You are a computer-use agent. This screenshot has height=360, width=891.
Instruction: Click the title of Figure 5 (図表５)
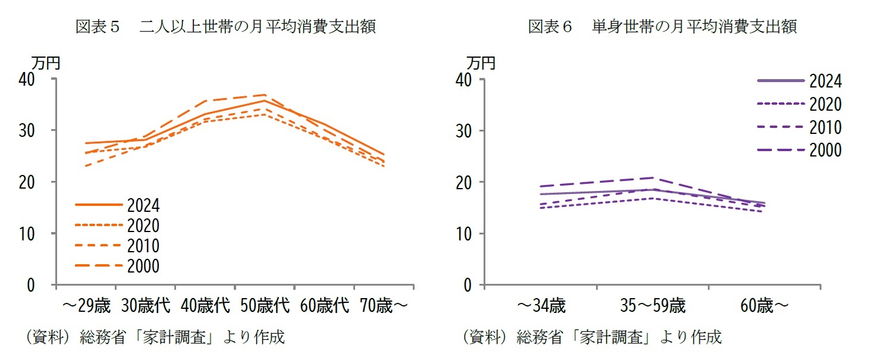click(225, 27)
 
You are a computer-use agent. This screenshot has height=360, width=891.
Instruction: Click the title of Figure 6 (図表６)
click(662, 27)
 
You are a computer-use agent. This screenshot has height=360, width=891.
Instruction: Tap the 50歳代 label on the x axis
click(265, 306)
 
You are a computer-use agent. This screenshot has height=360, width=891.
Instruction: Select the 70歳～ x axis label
click(384, 306)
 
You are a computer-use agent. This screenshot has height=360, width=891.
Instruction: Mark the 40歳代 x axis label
click(205, 306)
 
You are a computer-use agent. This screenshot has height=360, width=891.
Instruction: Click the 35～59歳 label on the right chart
click(652, 306)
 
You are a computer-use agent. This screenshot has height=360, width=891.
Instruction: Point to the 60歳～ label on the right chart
click(764, 306)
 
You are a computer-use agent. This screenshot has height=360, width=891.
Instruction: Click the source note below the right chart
click(592, 337)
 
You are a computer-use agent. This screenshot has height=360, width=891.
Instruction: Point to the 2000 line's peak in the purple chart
click(653, 178)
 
